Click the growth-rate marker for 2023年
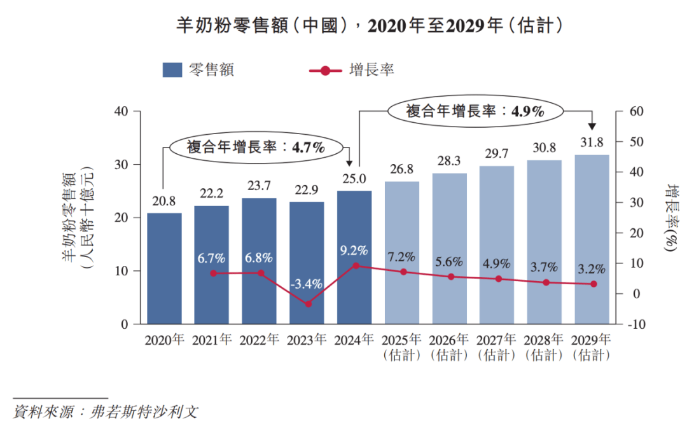tap(308, 304)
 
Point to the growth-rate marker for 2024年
tap(356, 265)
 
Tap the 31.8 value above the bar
tap(592, 142)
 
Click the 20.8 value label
tap(164, 201)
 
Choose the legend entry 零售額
tap(197, 70)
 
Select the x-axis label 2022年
tap(260, 340)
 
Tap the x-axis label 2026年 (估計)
tap(450, 347)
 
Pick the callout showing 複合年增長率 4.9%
tap(475, 111)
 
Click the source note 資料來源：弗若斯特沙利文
tap(106, 411)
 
